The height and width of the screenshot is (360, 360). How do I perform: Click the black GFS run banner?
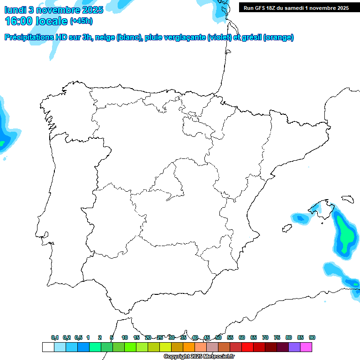pos(296,8)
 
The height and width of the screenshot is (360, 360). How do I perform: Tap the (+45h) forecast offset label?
pos(81,21)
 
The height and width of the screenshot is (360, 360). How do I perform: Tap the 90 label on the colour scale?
pos(312,337)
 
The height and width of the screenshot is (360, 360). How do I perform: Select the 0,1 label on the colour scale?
pos(55,337)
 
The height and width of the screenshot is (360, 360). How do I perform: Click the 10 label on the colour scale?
pos(125,337)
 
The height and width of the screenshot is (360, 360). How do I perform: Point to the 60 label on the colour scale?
pos(242,337)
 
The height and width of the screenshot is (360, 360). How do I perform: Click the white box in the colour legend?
pos(48,347)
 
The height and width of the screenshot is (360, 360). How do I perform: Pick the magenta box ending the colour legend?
pos(306,347)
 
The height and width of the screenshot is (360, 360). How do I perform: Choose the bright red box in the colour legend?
pos(247,347)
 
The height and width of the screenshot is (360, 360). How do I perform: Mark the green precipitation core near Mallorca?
pos(345,234)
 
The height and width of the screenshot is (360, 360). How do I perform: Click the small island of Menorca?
pos(347,199)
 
